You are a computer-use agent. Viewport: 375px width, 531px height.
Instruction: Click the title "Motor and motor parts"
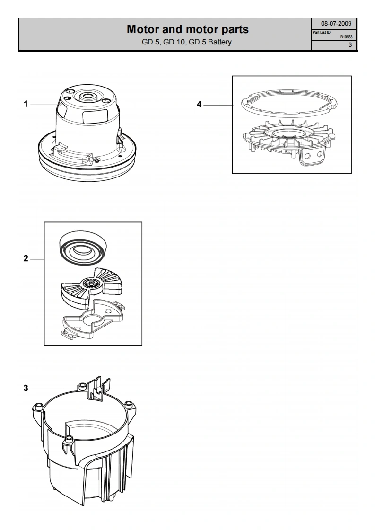pyautogui.click(x=187, y=29)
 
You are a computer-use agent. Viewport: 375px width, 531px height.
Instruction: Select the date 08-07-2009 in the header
pyautogui.click(x=336, y=23)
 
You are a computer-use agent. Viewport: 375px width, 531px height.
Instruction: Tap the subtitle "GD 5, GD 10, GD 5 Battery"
pyautogui.click(x=187, y=42)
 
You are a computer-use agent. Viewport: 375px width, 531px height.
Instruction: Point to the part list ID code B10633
pyautogui.click(x=346, y=37)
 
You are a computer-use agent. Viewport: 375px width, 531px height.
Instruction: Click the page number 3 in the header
pyautogui.click(x=350, y=44)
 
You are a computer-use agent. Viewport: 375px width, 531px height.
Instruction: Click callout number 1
pyautogui.click(x=26, y=104)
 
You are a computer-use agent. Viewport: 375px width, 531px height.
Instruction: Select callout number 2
pyautogui.click(x=26, y=258)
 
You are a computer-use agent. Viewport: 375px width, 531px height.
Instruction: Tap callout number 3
pyautogui.click(x=26, y=388)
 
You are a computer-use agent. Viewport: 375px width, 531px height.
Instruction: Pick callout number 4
pyautogui.click(x=200, y=104)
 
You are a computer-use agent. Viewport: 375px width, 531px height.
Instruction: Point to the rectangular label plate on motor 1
pyautogui.click(x=95, y=116)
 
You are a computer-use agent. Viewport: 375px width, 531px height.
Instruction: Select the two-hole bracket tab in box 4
pyautogui.click(x=313, y=157)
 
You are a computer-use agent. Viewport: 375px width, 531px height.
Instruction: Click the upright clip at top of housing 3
pyautogui.click(x=98, y=389)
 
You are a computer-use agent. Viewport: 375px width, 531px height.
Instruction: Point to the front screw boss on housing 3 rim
pyautogui.click(x=69, y=439)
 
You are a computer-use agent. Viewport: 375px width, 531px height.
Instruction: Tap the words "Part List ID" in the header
pyautogui.click(x=321, y=33)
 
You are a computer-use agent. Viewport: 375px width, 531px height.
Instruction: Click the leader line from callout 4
pyautogui.click(x=218, y=105)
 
